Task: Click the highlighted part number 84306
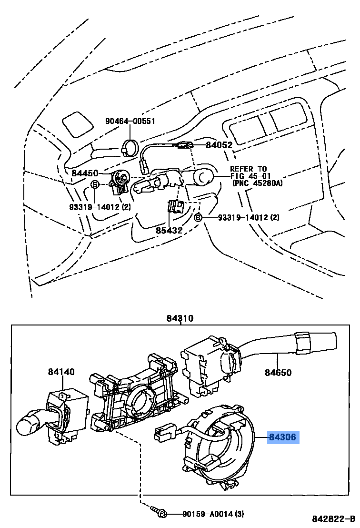point(283,437)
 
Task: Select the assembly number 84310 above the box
point(180,318)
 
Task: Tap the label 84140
point(61,372)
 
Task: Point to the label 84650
point(279,373)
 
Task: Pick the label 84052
point(219,145)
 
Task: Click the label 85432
point(170,231)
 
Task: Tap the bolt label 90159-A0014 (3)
point(213,514)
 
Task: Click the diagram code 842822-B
point(333,518)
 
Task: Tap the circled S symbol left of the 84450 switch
point(95,184)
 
